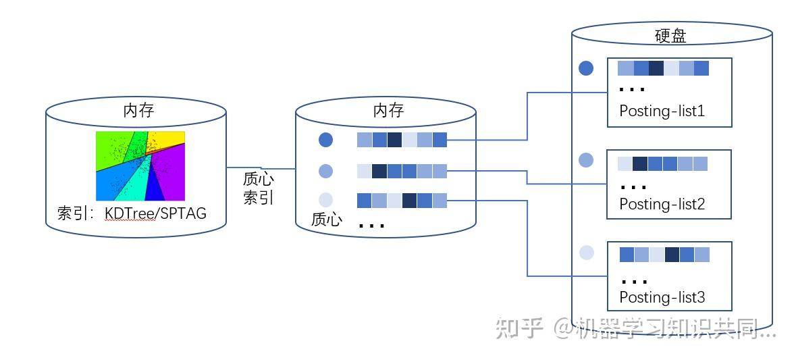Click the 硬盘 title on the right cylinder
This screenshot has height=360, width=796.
tap(670, 36)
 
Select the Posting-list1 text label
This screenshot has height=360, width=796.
tap(662, 111)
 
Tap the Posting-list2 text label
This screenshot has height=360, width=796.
tap(662, 204)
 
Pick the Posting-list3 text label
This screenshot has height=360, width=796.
tap(662, 297)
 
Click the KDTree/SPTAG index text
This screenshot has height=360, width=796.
tap(155, 214)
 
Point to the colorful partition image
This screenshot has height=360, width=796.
tap(140, 165)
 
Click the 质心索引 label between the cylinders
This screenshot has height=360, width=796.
tap(259, 188)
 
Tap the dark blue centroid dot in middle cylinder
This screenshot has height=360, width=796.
tap(325, 140)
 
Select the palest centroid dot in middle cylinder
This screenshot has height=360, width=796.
tap(325, 200)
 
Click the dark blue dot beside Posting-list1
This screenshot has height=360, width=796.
tap(587, 68)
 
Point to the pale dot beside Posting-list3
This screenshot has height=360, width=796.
tap(587, 253)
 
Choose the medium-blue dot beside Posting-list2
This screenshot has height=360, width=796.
tap(587, 160)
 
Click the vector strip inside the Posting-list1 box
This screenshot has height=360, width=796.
tap(663, 68)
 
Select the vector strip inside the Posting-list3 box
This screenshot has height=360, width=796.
tap(664, 255)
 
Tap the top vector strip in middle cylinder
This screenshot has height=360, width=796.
tap(402, 140)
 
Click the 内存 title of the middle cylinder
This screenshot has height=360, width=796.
tap(388, 110)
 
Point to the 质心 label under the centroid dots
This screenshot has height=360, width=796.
tap(326, 220)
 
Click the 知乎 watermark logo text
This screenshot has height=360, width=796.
tap(520, 328)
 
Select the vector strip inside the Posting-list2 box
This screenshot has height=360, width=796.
tap(662, 163)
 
